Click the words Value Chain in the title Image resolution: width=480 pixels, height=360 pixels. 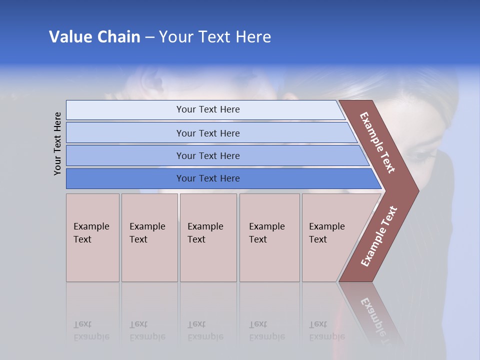[94, 37]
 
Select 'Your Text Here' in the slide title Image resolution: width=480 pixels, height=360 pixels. [215, 37]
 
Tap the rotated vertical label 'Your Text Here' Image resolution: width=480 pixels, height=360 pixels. [57, 143]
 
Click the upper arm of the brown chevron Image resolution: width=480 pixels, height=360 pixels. [378, 142]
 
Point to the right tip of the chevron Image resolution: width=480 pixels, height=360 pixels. [416, 190]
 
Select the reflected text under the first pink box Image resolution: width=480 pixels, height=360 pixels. [91, 330]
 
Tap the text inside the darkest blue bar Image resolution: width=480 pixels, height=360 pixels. [208, 178]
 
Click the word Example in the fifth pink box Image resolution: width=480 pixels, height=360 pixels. [326, 226]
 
